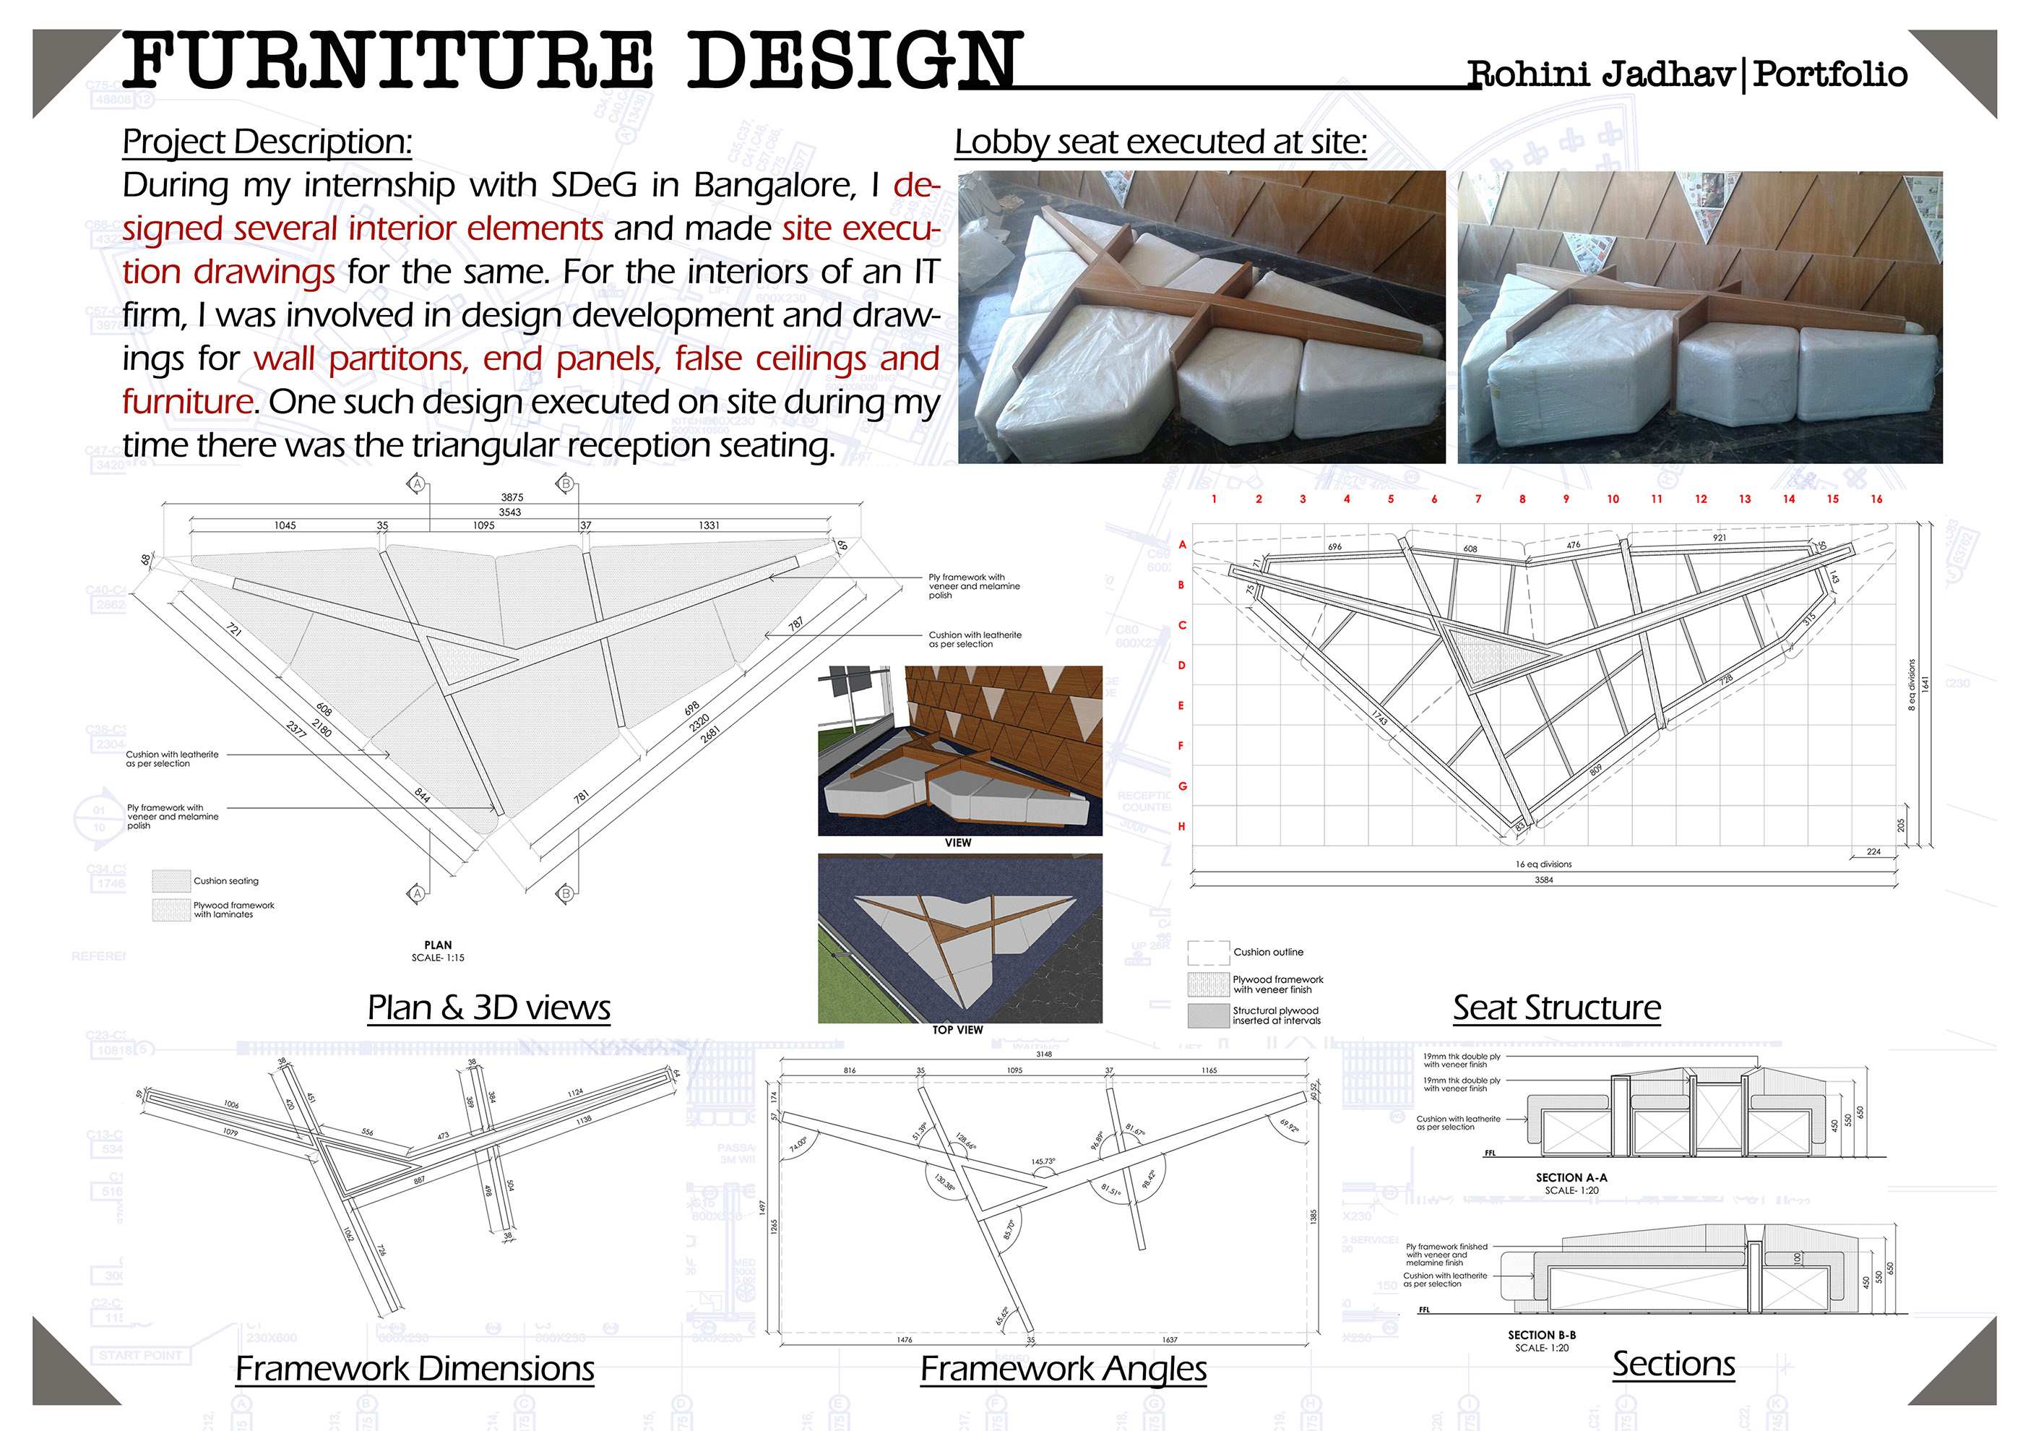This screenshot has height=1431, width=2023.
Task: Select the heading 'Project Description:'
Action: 267,142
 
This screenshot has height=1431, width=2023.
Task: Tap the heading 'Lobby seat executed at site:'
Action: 1160,142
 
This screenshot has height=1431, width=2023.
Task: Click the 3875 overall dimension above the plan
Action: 512,497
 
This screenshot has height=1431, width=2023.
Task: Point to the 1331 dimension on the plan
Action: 709,525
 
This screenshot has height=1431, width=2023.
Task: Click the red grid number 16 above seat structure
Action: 1876,499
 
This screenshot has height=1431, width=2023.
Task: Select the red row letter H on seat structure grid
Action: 1181,827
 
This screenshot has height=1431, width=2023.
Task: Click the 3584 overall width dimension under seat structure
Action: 1544,880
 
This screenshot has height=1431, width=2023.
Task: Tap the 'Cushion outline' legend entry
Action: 1268,953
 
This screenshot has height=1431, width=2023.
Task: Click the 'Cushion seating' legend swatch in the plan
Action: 171,880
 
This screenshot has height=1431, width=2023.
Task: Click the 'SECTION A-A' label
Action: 1571,1177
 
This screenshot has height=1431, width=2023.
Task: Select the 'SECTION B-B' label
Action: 1542,1335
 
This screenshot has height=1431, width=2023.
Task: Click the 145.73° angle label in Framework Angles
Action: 1043,1161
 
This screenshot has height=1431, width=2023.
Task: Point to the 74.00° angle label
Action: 798,1145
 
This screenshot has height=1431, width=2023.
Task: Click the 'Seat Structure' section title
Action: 1556,1007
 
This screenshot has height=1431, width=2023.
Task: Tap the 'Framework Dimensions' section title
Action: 414,1368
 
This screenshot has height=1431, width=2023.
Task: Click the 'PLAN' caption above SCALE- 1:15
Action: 438,945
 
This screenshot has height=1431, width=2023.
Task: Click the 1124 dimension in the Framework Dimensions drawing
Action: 575,1093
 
